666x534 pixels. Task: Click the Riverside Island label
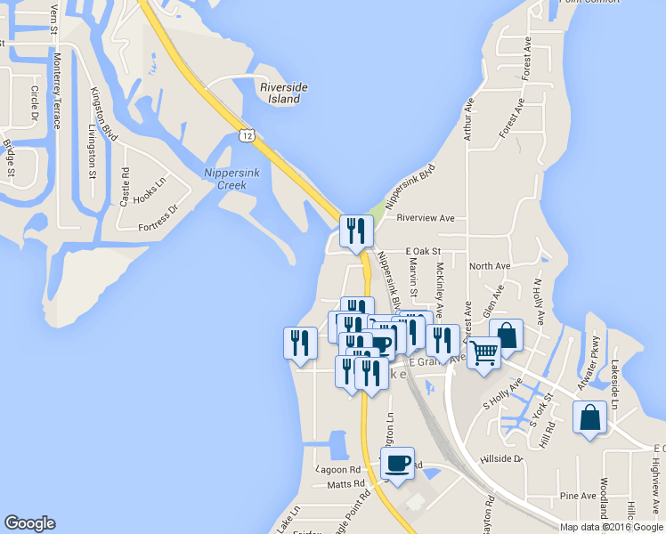point(284,93)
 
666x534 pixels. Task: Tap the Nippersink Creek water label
point(231,179)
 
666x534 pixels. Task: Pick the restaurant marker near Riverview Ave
point(356,231)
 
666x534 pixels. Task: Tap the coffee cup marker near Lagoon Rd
point(397,464)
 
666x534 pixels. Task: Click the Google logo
point(29,523)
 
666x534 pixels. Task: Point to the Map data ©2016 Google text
point(611,527)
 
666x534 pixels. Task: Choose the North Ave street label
point(490,265)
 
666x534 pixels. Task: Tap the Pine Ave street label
point(578,496)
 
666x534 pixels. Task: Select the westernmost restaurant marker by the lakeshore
point(300,343)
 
